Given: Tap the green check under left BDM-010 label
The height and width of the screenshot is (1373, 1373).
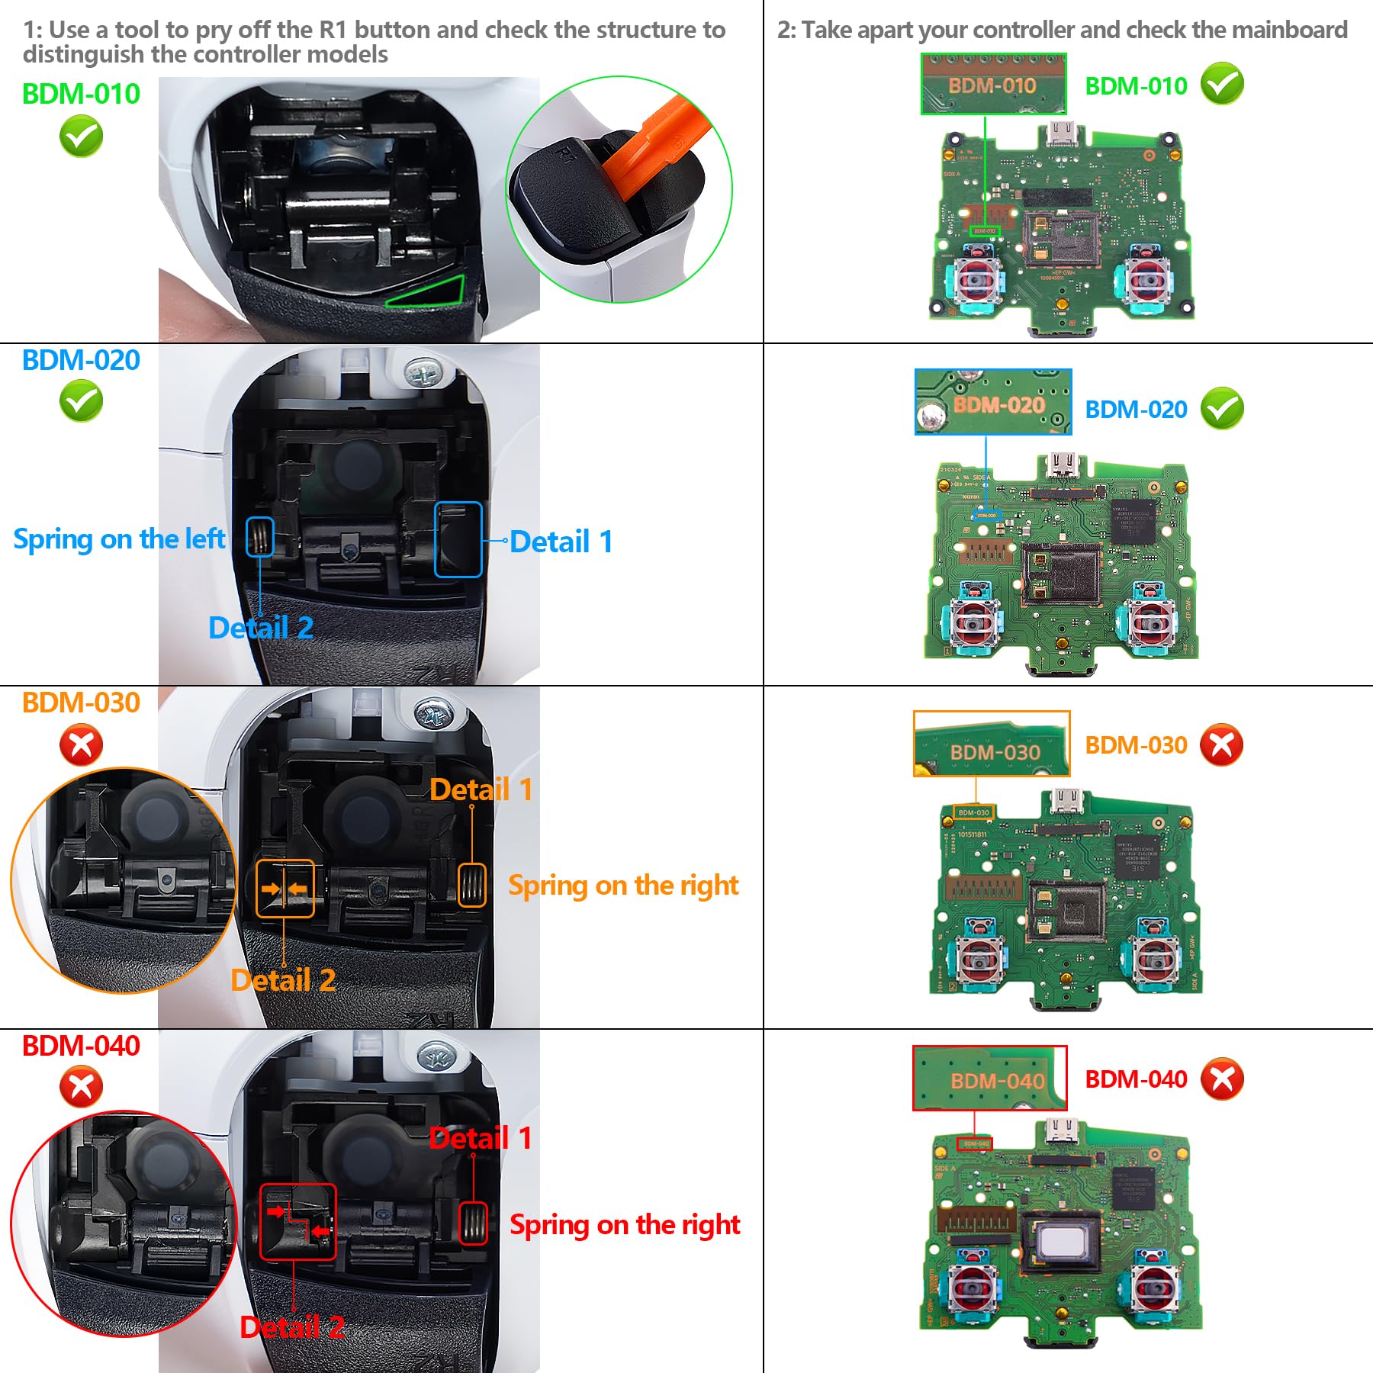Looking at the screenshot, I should [x=81, y=137].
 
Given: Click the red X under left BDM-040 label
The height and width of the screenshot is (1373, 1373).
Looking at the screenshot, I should [x=81, y=1087].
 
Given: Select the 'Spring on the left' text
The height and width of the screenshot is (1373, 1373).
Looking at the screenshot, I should [x=119, y=539].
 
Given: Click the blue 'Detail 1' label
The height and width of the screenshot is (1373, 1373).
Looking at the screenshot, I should [x=561, y=542].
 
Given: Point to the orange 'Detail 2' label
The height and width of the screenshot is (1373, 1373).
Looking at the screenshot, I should [x=283, y=980].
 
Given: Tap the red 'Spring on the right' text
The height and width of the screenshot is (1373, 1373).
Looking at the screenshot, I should [x=624, y=1225].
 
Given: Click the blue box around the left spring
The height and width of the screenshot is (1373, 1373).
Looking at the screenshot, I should [x=260, y=536].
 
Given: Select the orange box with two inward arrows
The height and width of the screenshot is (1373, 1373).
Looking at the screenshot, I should [x=285, y=889].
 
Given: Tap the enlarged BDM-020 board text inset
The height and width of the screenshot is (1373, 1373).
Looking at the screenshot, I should [x=993, y=402].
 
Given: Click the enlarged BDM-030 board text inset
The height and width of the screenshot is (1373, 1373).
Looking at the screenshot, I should [x=992, y=744].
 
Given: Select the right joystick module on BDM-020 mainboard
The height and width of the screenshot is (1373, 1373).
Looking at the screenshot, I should [x=1150, y=622].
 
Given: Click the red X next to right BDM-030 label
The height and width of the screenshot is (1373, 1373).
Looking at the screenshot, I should [x=1221, y=744].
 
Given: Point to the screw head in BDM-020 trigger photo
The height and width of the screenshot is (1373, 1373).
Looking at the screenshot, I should [x=422, y=374].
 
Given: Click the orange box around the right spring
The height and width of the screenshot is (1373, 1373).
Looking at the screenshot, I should [x=471, y=886].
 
